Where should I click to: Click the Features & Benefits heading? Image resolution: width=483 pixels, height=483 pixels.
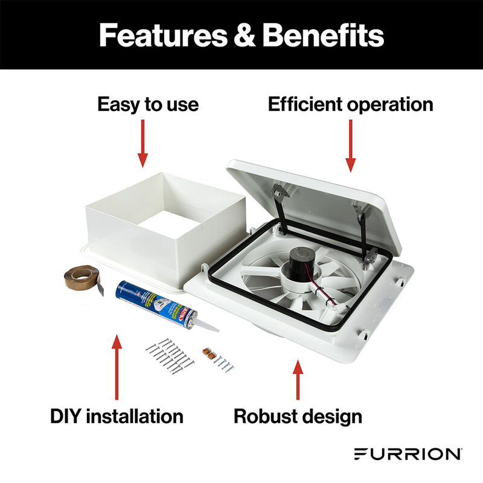[241, 35]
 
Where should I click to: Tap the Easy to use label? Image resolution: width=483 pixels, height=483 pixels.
[148, 104]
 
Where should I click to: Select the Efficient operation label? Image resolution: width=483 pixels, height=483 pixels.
[350, 104]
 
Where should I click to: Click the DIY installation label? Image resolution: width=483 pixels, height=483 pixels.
[117, 416]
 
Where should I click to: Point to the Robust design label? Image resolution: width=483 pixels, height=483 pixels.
[298, 416]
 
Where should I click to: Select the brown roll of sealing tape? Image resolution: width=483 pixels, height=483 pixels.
[85, 277]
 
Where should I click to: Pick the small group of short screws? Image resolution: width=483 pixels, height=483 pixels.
[225, 364]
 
